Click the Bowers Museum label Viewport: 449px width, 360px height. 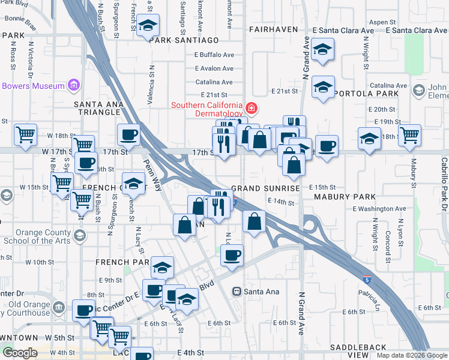coord(33,86)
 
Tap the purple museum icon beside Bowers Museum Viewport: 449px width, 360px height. coord(74,85)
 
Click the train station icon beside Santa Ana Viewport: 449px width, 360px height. coord(237,292)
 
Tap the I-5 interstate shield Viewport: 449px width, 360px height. coord(366,280)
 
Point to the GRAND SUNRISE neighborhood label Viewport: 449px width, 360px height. coord(265,188)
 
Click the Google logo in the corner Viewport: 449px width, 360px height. coord(19,353)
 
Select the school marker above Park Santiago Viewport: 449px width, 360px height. coord(148,26)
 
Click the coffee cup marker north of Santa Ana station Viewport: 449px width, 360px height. coord(231,256)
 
